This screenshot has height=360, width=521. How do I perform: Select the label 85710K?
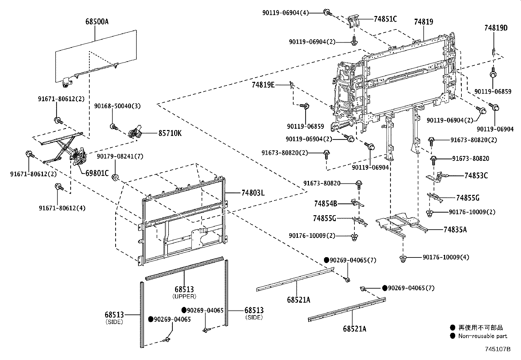pyautogui.click(x=170, y=133)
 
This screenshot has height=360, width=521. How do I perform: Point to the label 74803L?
pyautogui.click(x=253, y=193)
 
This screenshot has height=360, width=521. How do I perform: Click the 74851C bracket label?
pyautogui.click(x=385, y=19)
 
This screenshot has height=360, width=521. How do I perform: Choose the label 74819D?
pyautogui.click(x=496, y=28)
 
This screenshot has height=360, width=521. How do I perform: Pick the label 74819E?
pyautogui.click(x=263, y=85)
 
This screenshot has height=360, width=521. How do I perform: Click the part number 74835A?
pyautogui.click(x=455, y=230)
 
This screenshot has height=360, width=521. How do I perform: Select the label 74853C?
pyautogui.click(x=476, y=176)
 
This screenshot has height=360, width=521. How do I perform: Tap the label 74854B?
pyautogui.click(x=325, y=204)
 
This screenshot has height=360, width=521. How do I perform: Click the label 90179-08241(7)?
pyautogui.click(x=120, y=157)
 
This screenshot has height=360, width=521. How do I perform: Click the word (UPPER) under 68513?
pyautogui.click(x=184, y=296)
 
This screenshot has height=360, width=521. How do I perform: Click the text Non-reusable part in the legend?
pyautogui.click(x=482, y=336)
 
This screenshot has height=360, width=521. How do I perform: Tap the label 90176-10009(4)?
pyautogui.click(x=446, y=257)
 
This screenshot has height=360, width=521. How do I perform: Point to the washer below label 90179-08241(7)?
pyautogui.click(x=116, y=178)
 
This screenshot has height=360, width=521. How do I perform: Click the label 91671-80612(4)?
pyautogui.click(x=62, y=208)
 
